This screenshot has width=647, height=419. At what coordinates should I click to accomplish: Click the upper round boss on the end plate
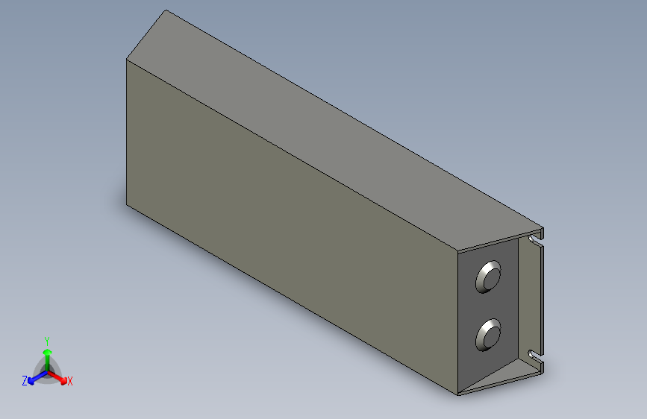pos(490,277)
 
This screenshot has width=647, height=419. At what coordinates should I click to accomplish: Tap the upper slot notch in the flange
pos(535,240)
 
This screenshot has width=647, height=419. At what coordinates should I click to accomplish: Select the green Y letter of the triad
pos(46,340)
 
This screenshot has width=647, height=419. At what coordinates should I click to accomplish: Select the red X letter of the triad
pos(69,382)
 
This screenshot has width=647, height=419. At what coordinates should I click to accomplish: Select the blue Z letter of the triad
pos(24,381)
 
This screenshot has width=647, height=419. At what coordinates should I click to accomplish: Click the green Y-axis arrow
pos(46,353)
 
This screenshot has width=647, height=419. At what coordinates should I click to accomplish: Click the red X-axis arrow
pos(59,377)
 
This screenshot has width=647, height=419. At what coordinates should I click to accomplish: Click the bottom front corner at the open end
pos(457,394)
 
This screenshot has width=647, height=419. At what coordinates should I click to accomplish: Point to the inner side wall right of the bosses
pos(526,298)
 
